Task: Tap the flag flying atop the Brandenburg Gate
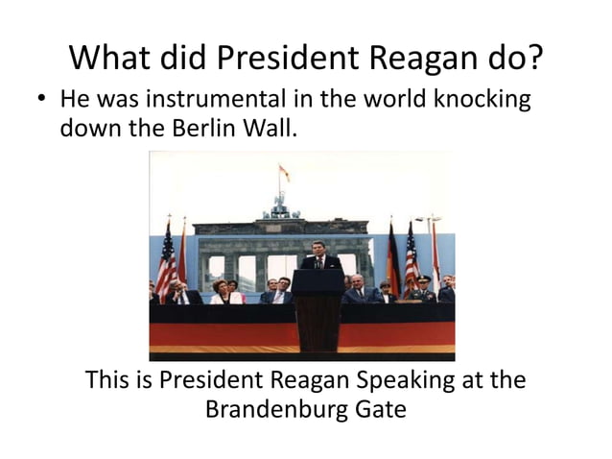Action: pos(284,174)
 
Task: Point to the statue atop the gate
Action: pos(280,204)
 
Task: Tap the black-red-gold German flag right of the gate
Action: pos(393,257)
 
